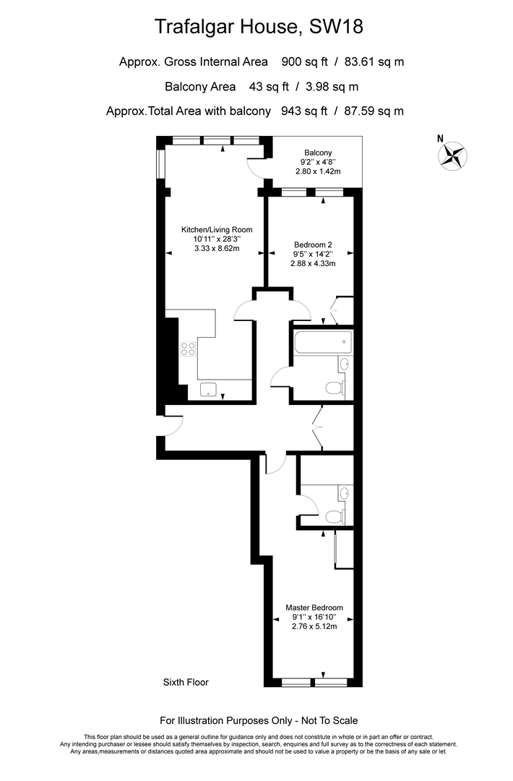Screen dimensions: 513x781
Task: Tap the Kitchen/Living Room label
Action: [x=217, y=230]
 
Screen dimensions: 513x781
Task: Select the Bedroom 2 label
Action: [x=313, y=244]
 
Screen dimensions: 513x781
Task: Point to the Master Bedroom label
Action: [x=314, y=607]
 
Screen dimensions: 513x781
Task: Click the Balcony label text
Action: [x=318, y=153]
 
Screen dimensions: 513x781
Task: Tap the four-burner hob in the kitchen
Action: [x=188, y=349]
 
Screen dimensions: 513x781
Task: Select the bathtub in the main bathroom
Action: [x=322, y=342]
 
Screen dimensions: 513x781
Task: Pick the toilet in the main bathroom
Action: [x=335, y=387]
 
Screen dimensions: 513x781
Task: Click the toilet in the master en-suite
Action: [x=335, y=516]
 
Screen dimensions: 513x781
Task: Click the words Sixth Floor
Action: [x=186, y=683]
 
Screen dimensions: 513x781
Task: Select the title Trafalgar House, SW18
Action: [x=259, y=27]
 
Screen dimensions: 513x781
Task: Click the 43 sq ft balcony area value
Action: [x=269, y=87]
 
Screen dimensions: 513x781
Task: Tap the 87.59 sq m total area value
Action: [x=374, y=111]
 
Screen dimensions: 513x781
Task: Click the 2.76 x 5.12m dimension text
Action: [x=314, y=626]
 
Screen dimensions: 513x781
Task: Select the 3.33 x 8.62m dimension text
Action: [x=217, y=248]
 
